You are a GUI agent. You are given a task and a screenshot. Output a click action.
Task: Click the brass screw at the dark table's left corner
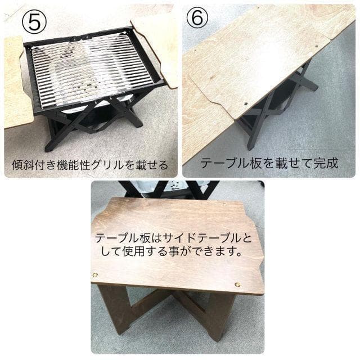click(x=94, y=275)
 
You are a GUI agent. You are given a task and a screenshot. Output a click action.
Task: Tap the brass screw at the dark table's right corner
click(x=237, y=285)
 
